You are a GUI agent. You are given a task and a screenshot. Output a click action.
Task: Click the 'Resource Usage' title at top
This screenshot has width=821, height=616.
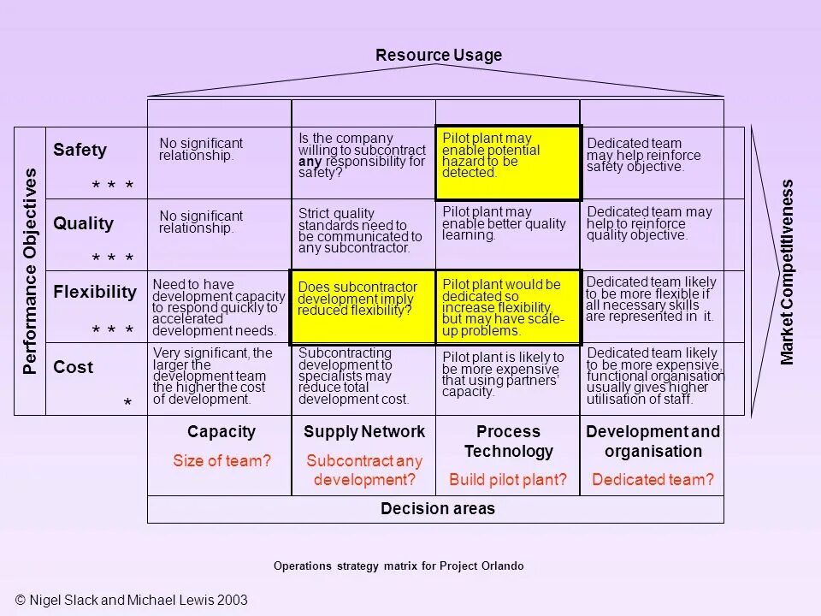tap(439, 56)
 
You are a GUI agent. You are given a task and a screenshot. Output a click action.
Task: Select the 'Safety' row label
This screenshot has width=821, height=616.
tap(80, 151)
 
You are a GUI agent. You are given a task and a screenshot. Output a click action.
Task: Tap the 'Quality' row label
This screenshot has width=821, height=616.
tap(83, 224)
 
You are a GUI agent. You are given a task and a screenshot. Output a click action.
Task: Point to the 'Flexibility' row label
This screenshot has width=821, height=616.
tap(95, 292)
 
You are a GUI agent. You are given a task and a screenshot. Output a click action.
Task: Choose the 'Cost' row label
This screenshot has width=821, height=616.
tap(73, 368)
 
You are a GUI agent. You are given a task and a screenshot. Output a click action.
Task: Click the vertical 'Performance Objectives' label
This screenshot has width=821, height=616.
tap(31, 270)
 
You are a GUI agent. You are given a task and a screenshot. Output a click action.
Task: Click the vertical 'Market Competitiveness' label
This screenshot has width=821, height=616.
tap(788, 271)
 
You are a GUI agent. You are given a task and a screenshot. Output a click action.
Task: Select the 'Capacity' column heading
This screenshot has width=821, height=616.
tap(221, 432)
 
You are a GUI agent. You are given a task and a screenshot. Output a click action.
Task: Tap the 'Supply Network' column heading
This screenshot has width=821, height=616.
tap(364, 432)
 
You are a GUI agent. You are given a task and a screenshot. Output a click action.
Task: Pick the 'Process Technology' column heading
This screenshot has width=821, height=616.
tap(508, 441)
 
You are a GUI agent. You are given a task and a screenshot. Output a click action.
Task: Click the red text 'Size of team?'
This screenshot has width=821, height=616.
tap(221, 460)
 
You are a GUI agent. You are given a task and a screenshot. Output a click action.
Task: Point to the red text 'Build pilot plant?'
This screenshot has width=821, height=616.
tap(508, 480)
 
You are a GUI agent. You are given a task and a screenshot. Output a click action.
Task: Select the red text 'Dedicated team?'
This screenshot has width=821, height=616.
tap(653, 480)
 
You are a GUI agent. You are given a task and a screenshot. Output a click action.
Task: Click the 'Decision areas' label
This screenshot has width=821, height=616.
tap(438, 509)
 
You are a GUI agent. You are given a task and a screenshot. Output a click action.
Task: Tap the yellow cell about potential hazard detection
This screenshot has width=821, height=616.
tap(508, 163)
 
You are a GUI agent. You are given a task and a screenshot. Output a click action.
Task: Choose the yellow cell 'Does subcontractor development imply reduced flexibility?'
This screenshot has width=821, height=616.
tap(363, 306)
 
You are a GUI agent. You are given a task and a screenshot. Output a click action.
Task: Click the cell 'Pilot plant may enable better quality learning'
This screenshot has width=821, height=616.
tap(508, 223)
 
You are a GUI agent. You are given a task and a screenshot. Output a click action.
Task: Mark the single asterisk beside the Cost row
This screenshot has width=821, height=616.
tap(128, 402)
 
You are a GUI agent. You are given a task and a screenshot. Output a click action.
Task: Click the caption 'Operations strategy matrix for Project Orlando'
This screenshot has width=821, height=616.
tap(399, 566)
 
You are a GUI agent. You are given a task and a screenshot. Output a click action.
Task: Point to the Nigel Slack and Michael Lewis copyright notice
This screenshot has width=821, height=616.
tap(132, 600)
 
